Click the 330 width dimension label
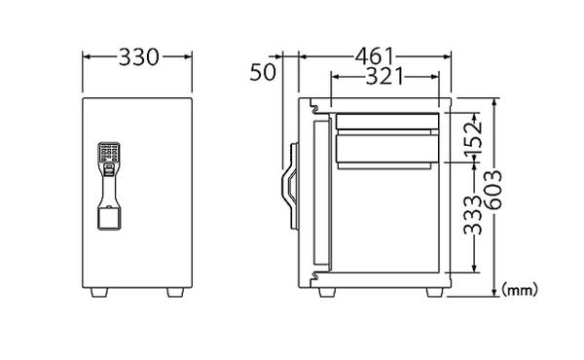point(139,57)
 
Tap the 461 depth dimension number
point(374,56)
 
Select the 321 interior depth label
point(384,76)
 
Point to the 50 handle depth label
point(263,72)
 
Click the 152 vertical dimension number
point(473,134)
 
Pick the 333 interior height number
point(473,214)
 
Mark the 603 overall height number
point(493,190)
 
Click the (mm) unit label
point(520,289)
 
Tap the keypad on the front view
point(109,153)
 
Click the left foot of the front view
point(99,292)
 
